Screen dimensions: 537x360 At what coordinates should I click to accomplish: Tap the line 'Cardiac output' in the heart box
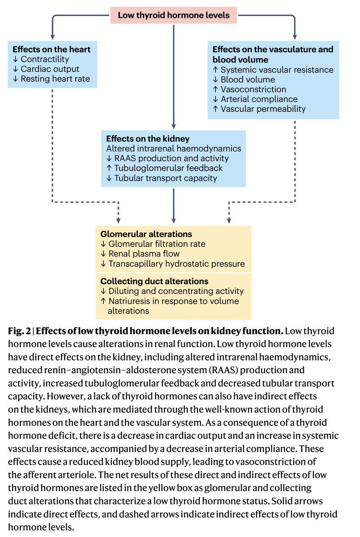(x=50, y=69)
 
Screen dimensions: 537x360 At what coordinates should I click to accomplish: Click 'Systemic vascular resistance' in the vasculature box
(x=277, y=70)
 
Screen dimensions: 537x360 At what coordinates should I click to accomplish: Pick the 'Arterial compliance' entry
(x=259, y=99)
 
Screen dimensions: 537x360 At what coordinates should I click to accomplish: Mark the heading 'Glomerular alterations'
(x=146, y=234)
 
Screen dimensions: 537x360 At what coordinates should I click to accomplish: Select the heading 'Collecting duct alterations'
(x=154, y=281)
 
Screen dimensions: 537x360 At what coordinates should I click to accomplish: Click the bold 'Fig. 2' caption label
(x=20, y=332)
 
